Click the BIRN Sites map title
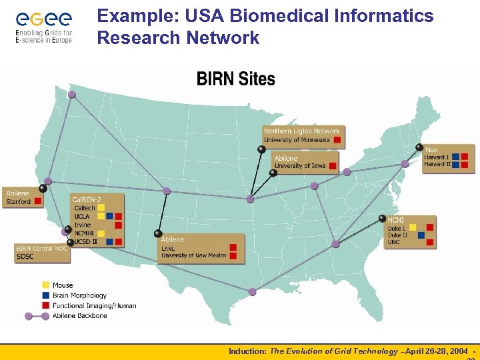tap(235, 79)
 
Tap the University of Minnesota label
tap(297, 140)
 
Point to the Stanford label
tap(19, 201)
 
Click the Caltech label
tap(85, 208)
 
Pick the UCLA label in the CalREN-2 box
tap(82, 217)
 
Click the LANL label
tap(168, 248)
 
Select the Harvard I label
tap(437, 157)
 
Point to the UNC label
tap(394, 243)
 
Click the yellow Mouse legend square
tap(45, 285)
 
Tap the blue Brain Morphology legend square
tap(45, 295)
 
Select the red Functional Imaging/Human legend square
tap(45, 305)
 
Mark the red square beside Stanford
tap(39, 201)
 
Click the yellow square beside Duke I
tap(413, 227)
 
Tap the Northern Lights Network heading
tap(302, 131)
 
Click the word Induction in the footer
tap(247, 351)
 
